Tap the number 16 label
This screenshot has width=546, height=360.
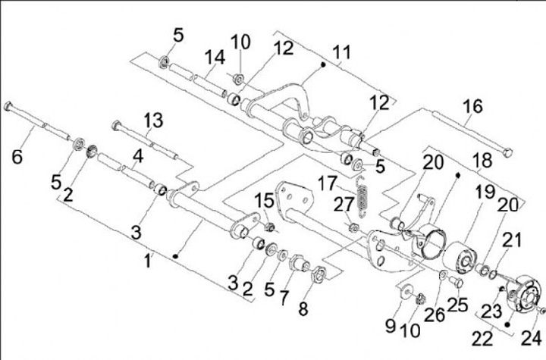pos(472,107)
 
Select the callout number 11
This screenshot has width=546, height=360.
pos(342,53)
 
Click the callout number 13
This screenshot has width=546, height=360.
pos(152,119)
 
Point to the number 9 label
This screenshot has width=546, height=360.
pos(391,326)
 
